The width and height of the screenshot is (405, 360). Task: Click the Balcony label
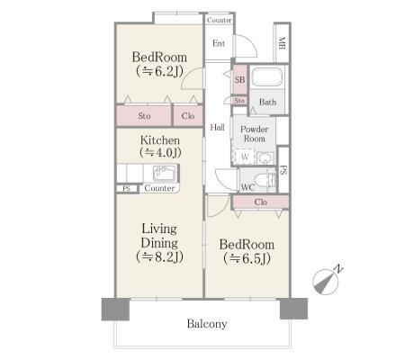(x=207, y=324)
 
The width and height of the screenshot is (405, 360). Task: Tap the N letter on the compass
(x=338, y=269)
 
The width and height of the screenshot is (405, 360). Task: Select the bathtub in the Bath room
(x=267, y=77)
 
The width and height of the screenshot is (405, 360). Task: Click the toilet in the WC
(x=265, y=181)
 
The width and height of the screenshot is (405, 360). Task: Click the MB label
(x=282, y=43)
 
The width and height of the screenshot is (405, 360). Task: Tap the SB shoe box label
(x=239, y=80)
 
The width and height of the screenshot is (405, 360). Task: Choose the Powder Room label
(x=254, y=134)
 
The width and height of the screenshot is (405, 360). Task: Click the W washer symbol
(x=245, y=157)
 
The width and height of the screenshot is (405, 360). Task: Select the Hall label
(x=217, y=127)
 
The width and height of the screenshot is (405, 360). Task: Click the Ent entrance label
(x=219, y=43)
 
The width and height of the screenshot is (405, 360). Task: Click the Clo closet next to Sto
(x=188, y=116)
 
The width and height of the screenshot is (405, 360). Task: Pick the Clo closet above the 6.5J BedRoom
(x=260, y=202)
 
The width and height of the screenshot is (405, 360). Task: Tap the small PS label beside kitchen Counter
(x=127, y=189)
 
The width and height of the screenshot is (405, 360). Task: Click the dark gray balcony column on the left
(x=115, y=309)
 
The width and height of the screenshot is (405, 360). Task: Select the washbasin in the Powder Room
(x=264, y=158)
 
